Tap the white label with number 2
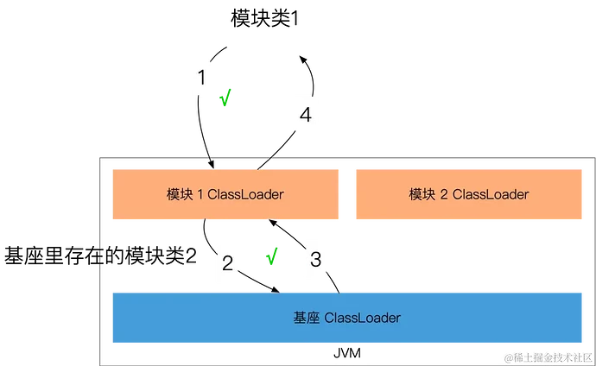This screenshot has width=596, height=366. (227, 263)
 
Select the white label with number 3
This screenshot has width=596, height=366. (315, 259)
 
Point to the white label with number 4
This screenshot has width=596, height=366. (306, 115)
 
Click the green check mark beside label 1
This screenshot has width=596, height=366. (225, 97)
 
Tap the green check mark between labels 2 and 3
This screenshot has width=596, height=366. (272, 256)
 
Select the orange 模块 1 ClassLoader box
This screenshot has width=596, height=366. (225, 194)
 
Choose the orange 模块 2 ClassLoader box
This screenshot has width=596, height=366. (468, 194)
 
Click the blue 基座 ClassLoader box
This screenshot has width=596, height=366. (346, 318)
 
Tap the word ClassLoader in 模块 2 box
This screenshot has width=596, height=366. (490, 194)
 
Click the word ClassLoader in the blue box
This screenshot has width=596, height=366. (362, 318)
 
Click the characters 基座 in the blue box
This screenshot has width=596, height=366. (307, 318)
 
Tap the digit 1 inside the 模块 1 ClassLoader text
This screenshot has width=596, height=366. (200, 194)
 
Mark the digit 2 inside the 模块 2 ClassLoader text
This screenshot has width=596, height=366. (444, 194)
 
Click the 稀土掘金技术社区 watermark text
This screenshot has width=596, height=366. (548, 357)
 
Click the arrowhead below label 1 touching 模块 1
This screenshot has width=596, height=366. (209, 161)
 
